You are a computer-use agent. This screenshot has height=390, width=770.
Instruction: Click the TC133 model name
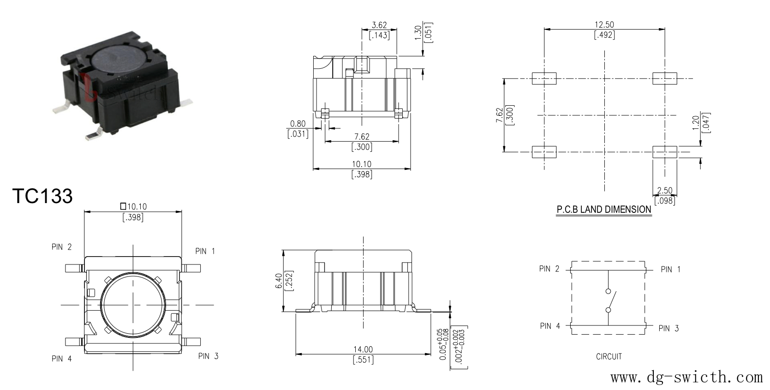click(42, 196)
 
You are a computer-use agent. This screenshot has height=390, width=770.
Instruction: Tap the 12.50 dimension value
click(604, 25)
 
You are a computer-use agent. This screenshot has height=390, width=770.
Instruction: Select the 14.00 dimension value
click(363, 349)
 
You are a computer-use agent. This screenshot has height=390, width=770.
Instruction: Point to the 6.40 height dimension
click(279, 281)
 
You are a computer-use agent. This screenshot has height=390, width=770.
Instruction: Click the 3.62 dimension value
click(379, 25)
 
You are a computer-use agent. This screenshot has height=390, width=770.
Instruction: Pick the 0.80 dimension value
click(298, 124)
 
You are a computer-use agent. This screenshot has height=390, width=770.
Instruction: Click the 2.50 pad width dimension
click(664, 191)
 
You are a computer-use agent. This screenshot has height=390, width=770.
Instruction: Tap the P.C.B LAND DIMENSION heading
click(604, 210)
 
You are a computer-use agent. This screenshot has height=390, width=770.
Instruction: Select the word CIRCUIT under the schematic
click(609, 357)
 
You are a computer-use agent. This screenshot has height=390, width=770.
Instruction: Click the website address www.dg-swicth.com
click(686, 377)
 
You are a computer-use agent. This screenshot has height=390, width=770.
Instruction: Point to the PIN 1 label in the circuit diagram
click(671, 269)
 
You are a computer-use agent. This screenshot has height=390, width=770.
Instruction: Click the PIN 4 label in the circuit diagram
click(550, 326)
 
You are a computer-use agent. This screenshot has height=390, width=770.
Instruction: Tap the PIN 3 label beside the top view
click(209, 356)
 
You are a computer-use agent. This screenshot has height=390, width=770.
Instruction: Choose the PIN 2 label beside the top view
click(61, 247)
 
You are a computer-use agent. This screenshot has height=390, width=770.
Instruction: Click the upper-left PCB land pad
click(544, 78)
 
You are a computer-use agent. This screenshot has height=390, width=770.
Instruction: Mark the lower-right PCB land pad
click(665, 152)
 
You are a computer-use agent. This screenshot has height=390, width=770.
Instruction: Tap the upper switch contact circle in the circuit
click(608, 291)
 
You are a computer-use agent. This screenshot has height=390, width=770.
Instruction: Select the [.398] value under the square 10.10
click(133, 217)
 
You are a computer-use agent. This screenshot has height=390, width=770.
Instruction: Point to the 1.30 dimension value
click(418, 33)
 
